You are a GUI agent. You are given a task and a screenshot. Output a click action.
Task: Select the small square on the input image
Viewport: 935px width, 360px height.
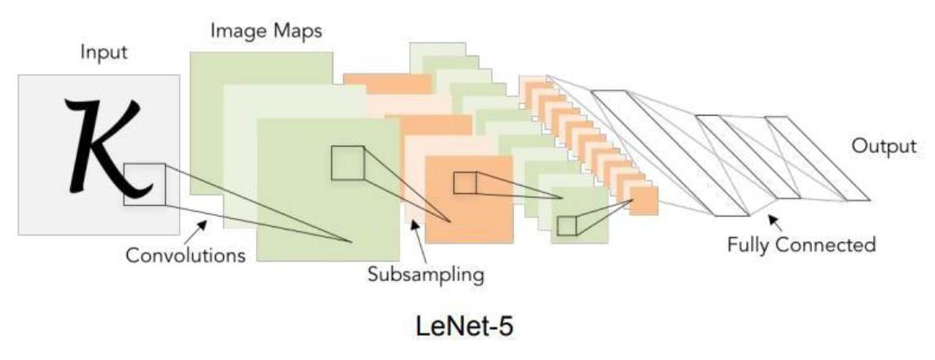point(144,184)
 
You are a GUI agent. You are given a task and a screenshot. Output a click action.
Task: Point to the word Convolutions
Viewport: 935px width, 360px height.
point(186,255)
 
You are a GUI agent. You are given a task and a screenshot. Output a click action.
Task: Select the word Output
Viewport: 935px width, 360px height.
point(883,147)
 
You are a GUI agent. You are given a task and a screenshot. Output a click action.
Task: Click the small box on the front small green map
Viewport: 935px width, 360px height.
point(567,226)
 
